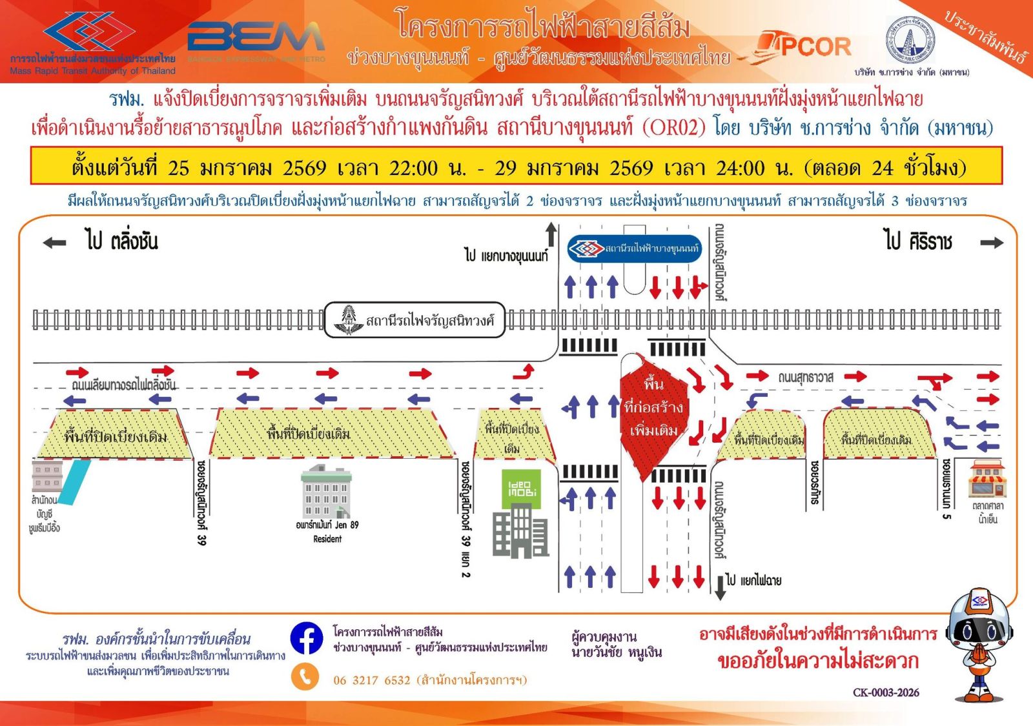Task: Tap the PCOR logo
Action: click(804, 46)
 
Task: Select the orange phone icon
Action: click(305, 678)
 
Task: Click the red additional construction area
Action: click(653, 413)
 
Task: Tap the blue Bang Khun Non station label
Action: click(634, 248)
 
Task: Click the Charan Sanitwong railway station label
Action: click(414, 319)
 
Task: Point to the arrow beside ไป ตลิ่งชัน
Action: click(54, 243)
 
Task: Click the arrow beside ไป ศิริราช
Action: click(992, 243)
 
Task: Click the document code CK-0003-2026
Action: click(886, 692)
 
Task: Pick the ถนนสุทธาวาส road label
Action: click(806, 378)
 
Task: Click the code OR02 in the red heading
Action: click(673, 128)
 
